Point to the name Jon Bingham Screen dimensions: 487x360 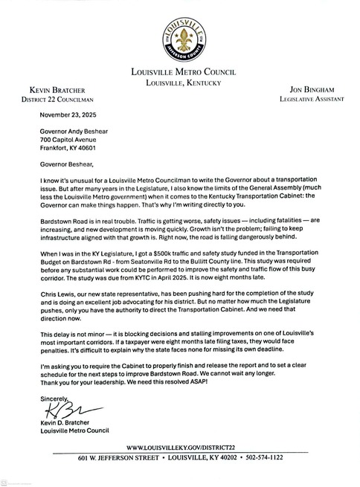point(305,88)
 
